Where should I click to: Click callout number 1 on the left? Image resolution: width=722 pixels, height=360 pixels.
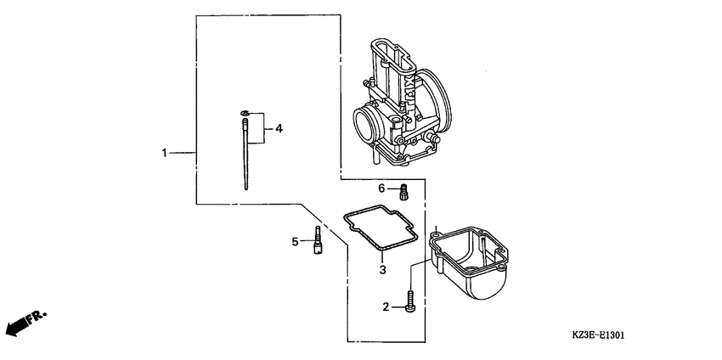(x=166, y=153)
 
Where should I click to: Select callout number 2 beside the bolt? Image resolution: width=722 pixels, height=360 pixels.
(x=386, y=306)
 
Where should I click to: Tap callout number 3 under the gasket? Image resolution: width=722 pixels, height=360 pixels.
(x=382, y=269)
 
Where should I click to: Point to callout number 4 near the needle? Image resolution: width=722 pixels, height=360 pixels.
(x=279, y=128)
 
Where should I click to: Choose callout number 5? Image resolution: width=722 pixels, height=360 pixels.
(x=296, y=242)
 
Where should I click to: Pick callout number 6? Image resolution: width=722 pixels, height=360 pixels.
(x=382, y=188)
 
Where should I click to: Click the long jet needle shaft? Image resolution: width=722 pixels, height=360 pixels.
(x=245, y=157)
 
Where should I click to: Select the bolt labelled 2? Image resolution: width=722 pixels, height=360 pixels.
(x=410, y=302)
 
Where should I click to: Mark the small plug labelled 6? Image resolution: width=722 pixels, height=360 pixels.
(x=404, y=190)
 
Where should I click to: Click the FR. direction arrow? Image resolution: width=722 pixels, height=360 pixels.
(x=24, y=323)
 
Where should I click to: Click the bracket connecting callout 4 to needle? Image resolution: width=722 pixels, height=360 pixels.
(x=264, y=128)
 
